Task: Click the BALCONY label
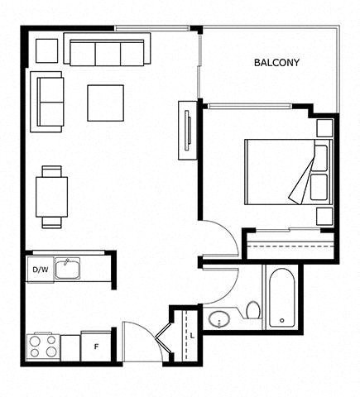point(276,63)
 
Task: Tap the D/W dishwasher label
point(41,270)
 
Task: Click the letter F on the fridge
point(96,347)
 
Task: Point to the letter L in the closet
point(193,336)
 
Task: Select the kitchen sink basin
point(67,269)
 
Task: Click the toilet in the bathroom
point(253,310)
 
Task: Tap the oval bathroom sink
point(219,319)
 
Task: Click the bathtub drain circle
point(282,320)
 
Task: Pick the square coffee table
point(105,103)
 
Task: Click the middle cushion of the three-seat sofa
point(108,54)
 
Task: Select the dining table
point(51,197)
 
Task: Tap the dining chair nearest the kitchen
point(51,222)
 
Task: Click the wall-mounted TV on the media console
point(188,130)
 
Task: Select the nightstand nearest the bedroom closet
point(324,217)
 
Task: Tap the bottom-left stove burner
point(35,352)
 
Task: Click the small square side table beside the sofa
point(47,50)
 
